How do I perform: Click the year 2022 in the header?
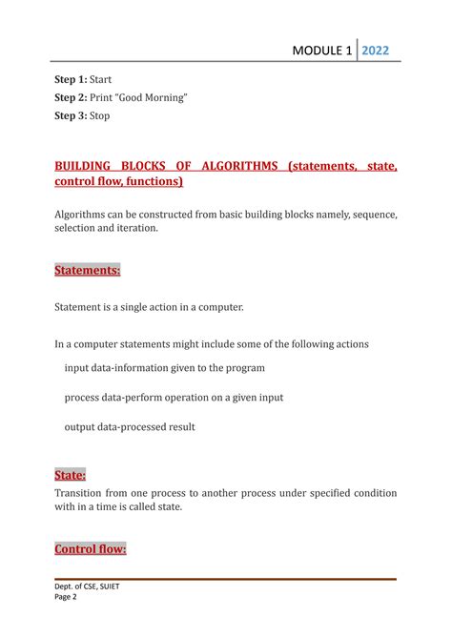click(375, 51)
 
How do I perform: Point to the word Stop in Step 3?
click(99, 115)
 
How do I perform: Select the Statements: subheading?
click(88, 271)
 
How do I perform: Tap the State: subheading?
click(71, 474)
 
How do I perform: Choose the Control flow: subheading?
click(91, 549)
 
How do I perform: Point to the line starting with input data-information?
click(164, 367)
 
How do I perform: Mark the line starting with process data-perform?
click(174, 397)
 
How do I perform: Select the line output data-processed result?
click(130, 426)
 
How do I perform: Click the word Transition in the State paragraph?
click(84, 492)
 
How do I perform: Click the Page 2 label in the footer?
click(67, 598)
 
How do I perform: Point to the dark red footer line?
click(225, 578)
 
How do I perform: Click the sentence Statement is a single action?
click(150, 306)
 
